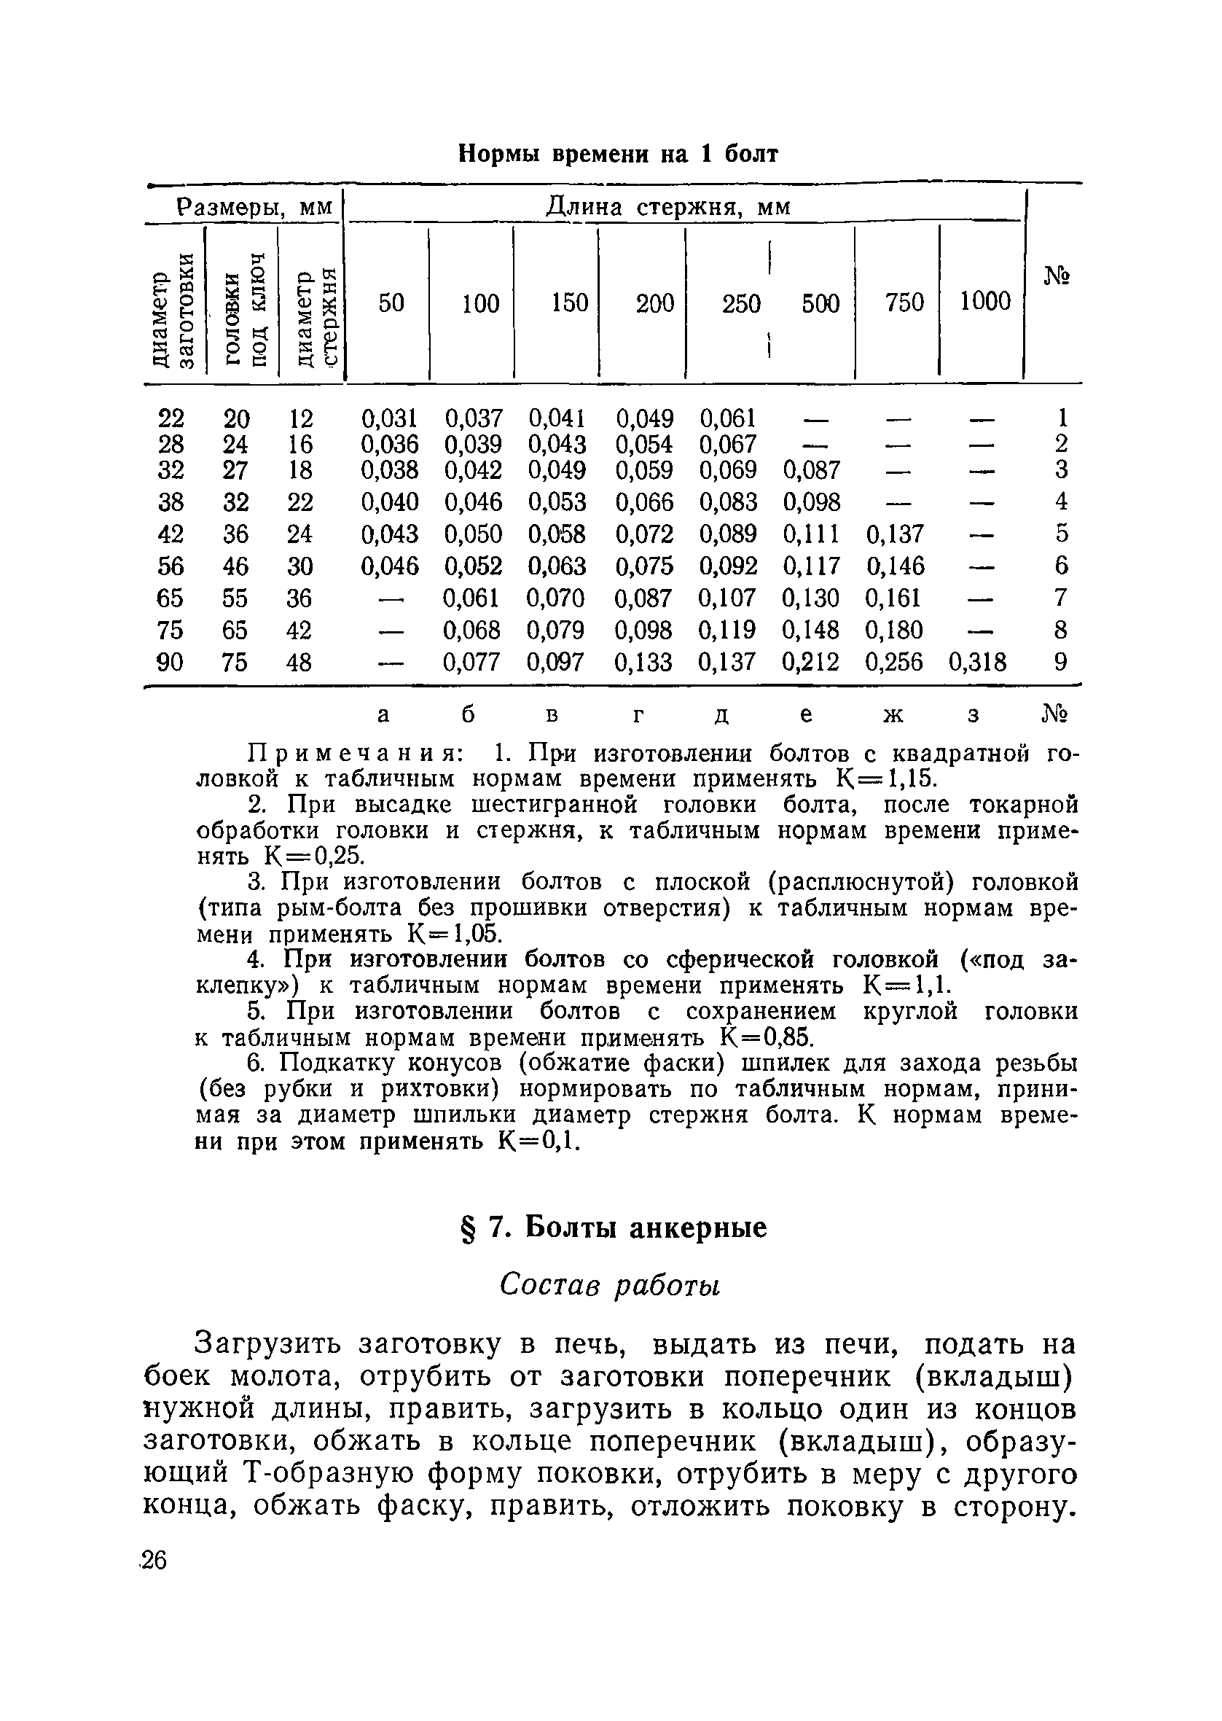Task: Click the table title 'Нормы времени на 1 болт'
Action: [618, 154]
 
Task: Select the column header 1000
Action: [985, 302]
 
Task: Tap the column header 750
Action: [904, 303]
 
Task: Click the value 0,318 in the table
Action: [977, 662]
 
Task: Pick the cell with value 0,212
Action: [810, 662]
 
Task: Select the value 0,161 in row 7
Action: [894, 598]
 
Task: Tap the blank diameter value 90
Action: [170, 662]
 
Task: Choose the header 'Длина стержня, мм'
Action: [667, 206]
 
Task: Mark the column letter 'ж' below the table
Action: [893, 714]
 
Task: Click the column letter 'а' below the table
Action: [384, 714]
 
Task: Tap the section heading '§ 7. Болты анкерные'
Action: [613, 1228]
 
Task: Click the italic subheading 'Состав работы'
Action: [610, 1285]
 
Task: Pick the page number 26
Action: [154, 1560]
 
